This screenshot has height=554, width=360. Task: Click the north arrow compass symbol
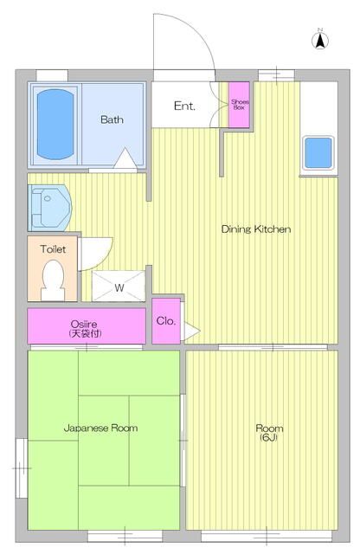320,40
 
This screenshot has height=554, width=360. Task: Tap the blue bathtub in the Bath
55,124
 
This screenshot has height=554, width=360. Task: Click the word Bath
112,119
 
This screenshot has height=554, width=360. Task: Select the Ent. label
184,106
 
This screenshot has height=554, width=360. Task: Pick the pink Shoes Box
239,105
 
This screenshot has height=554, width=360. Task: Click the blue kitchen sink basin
318,152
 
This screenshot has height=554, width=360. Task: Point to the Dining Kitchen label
256,229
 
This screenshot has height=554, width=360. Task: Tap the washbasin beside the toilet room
49,208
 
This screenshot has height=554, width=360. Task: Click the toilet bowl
54,280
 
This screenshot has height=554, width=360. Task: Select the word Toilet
53,249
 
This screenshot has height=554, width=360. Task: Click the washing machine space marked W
119,287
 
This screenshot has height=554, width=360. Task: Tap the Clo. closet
166,321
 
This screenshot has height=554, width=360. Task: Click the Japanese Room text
100,428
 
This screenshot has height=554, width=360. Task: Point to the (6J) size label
269,438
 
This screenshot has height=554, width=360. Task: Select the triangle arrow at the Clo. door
192,331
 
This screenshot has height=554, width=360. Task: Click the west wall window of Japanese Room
22,467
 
